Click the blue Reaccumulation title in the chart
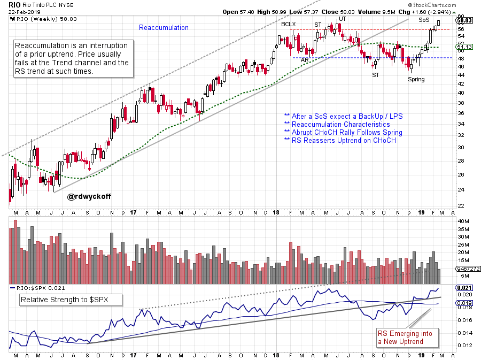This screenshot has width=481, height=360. [164, 27]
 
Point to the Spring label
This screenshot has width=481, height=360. [416, 79]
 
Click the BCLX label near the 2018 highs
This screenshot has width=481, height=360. [289, 24]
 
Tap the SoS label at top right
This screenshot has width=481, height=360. [423, 20]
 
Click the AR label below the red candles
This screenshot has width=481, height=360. [304, 60]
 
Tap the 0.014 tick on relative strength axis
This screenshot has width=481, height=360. [464, 333]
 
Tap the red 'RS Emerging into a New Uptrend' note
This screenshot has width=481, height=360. [407, 338]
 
